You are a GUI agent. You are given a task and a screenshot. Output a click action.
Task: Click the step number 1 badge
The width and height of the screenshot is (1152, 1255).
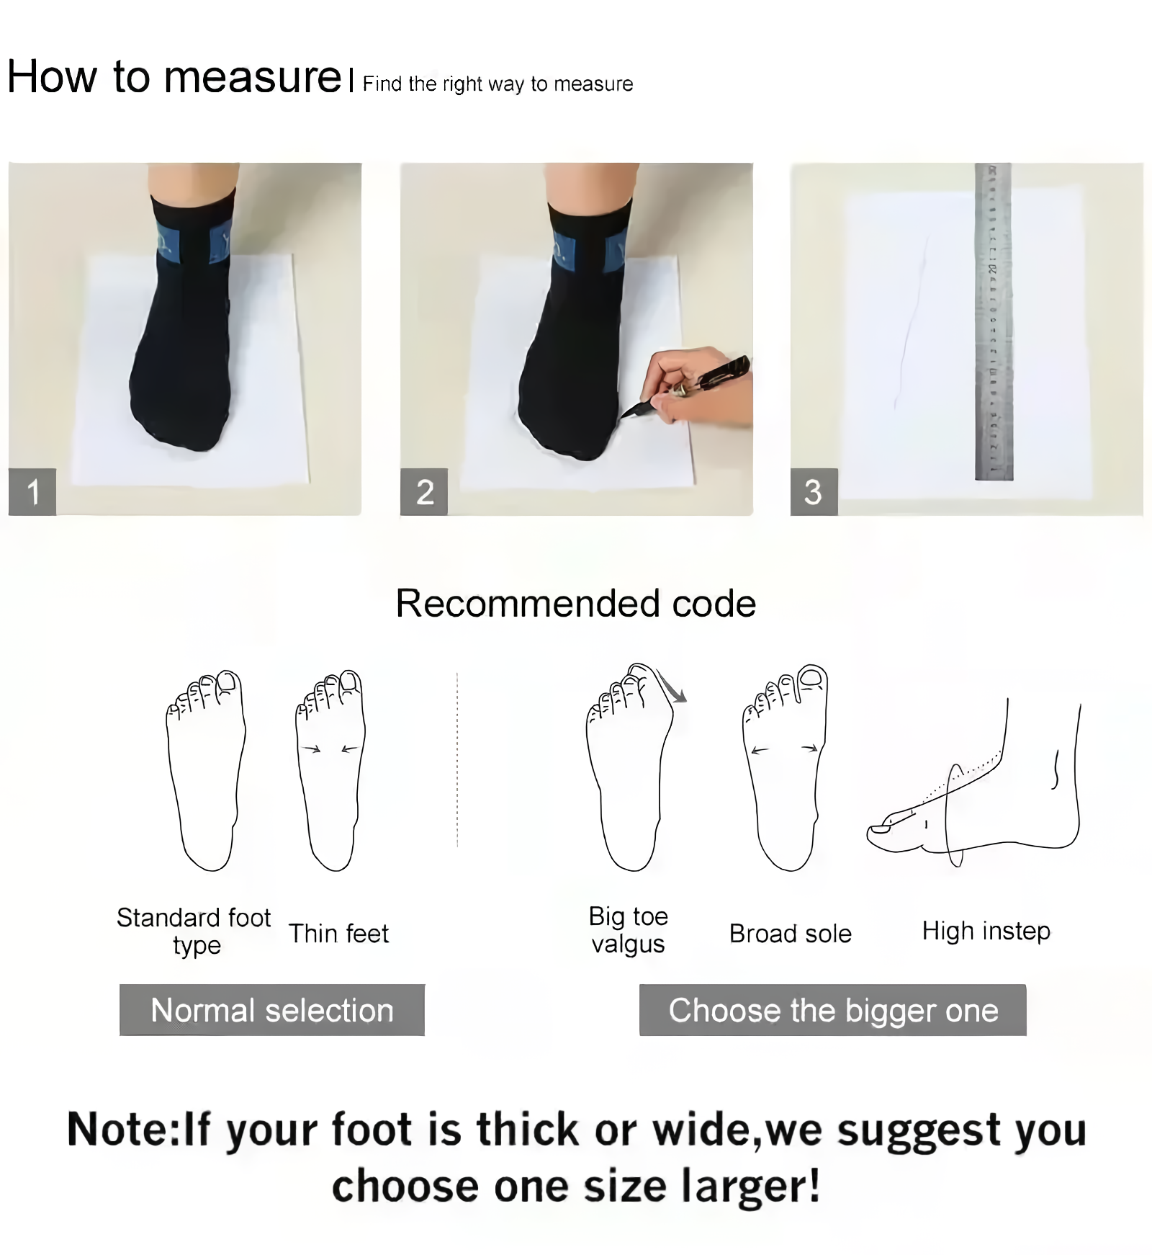[32, 492]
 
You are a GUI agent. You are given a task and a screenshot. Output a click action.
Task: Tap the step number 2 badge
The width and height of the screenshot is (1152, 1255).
[424, 492]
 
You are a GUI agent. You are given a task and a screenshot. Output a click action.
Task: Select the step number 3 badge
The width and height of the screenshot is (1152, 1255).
[814, 492]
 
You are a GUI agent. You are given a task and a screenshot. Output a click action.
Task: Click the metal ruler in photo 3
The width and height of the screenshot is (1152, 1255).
[994, 324]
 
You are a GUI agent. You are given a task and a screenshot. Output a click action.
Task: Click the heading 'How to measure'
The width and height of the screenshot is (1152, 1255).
[174, 76]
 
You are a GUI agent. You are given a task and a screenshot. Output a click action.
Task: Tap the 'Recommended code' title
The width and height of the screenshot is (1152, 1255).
[575, 603]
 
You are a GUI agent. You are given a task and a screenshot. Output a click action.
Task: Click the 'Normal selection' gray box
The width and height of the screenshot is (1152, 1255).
[272, 1010]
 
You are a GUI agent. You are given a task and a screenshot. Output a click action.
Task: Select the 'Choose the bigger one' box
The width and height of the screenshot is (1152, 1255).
[832, 1010]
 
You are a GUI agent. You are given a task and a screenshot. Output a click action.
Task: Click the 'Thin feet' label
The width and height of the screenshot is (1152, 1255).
[338, 934]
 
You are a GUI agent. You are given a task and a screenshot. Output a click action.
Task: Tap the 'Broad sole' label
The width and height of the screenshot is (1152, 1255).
[790, 934]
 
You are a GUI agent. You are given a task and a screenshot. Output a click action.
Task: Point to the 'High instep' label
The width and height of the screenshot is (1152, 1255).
[986, 931]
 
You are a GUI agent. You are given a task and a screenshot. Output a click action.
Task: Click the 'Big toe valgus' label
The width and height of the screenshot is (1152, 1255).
[628, 930]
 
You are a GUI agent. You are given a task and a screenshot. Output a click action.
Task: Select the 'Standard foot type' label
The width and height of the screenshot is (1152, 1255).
[194, 931]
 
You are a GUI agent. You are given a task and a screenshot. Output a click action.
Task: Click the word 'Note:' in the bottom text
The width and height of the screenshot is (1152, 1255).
[122, 1129]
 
